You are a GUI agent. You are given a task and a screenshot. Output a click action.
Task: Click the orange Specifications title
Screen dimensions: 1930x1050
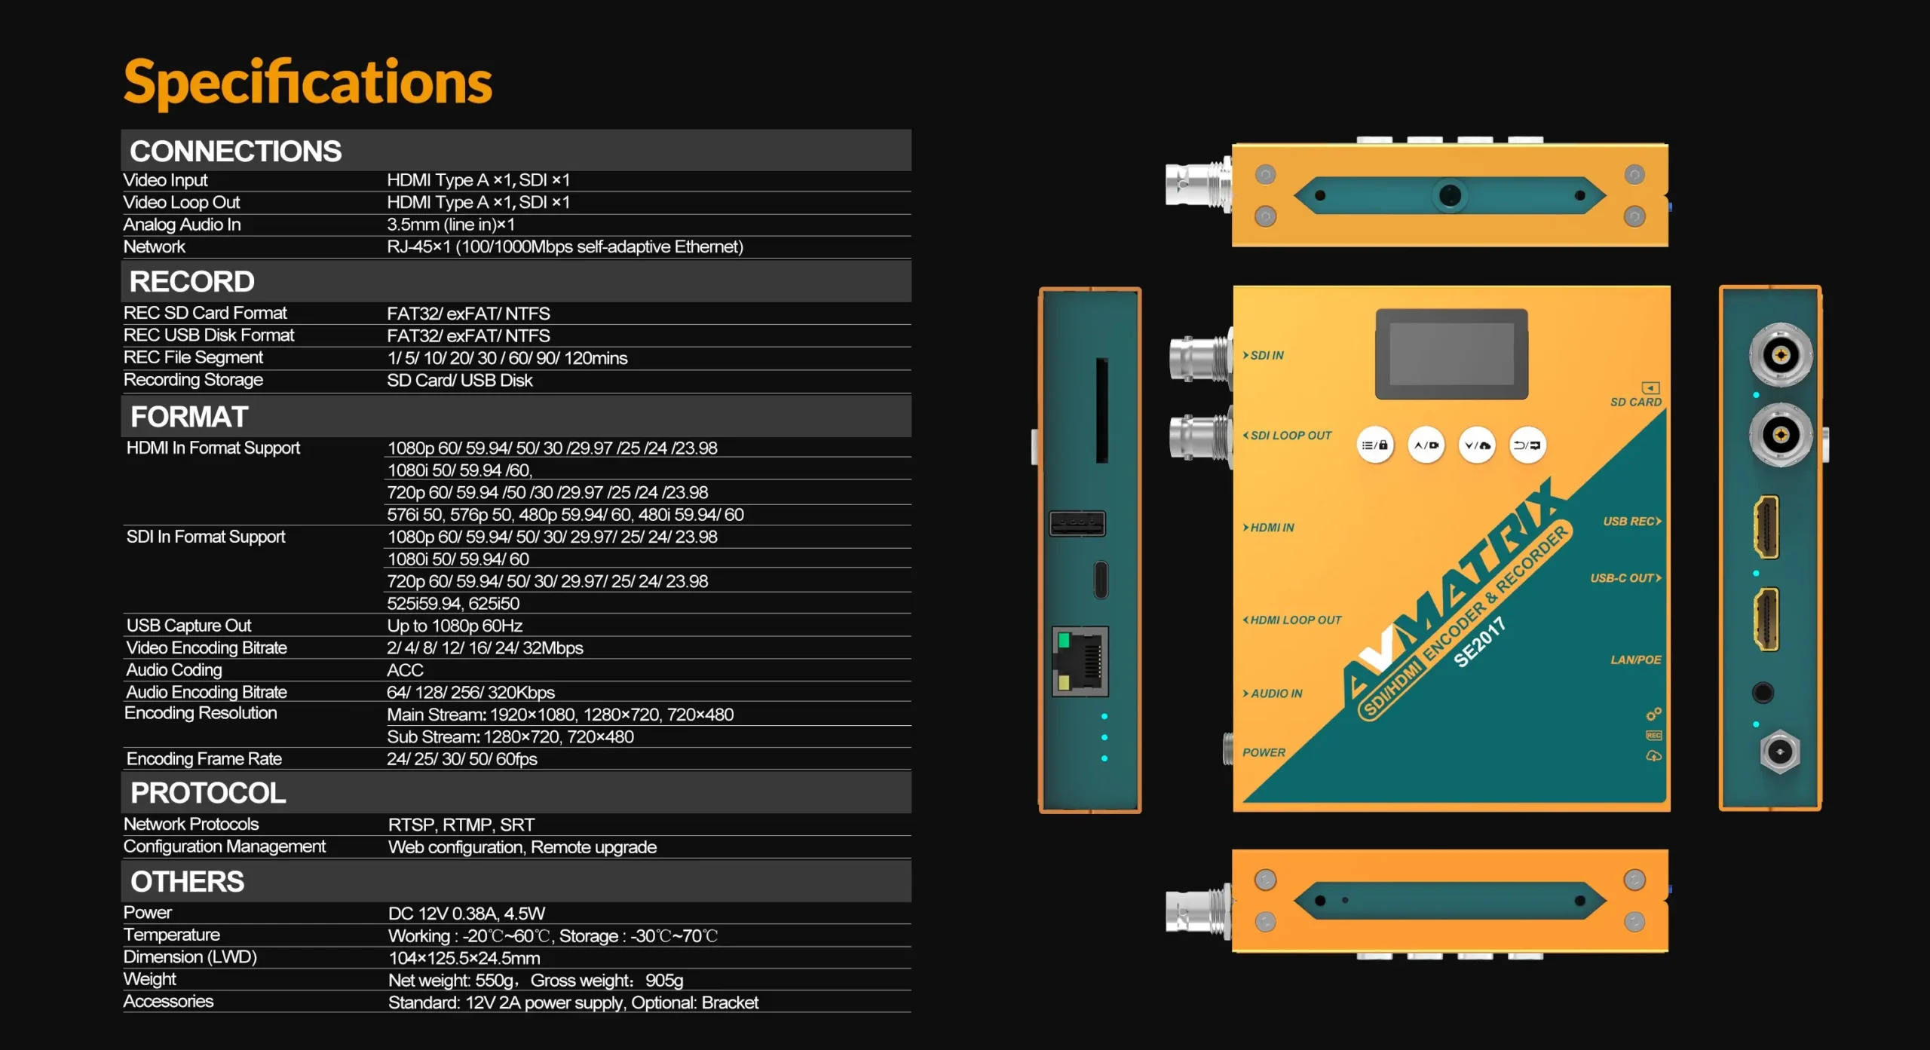coord(308,83)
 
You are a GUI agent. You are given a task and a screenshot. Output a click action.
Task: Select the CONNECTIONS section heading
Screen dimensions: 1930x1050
coord(235,152)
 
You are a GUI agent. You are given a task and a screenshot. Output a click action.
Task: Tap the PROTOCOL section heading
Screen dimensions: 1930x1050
coord(208,793)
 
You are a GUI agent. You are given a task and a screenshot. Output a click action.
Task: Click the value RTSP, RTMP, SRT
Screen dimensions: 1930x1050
coord(461,825)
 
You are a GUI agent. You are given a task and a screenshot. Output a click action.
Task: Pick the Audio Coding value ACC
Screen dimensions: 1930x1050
coord(405,670)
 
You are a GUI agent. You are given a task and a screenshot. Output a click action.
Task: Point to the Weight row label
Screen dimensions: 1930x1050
coord(149,979)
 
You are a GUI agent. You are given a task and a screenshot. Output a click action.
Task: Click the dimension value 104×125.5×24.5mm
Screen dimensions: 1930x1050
coord(464,958)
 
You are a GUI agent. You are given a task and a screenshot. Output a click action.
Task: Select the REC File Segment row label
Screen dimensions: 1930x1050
coord(193,357)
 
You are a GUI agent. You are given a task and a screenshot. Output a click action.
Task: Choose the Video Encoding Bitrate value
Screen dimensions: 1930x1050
coord(485,648)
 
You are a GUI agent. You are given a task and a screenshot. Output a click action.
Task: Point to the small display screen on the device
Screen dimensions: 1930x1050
coord(1451,354)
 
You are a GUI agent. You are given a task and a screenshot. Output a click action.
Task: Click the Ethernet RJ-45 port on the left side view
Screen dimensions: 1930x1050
coord(1080,661)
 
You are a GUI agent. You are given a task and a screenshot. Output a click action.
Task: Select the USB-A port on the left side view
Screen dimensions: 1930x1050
coord(1077,523)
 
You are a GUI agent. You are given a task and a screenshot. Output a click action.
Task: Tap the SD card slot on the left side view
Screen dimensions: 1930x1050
coord(1101,411)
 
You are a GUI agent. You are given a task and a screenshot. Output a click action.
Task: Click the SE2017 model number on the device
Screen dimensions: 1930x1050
coord(1479,642)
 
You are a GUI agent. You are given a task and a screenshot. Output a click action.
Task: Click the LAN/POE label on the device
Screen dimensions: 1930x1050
coord(1636,660)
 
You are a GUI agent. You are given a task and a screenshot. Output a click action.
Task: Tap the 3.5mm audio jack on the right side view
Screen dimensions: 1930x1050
coord(1763,693)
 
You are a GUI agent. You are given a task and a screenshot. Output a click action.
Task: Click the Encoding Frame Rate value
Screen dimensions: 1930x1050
coord(462,759)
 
